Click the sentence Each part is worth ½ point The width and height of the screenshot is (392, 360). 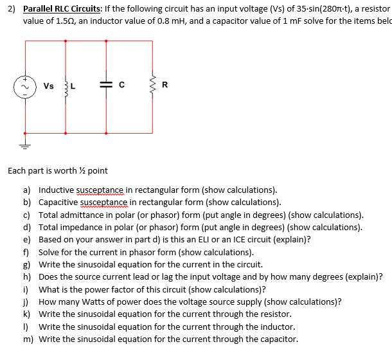point(58,171)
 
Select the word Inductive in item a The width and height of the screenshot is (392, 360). point(56,190)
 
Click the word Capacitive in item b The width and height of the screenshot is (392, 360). point(58,203)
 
